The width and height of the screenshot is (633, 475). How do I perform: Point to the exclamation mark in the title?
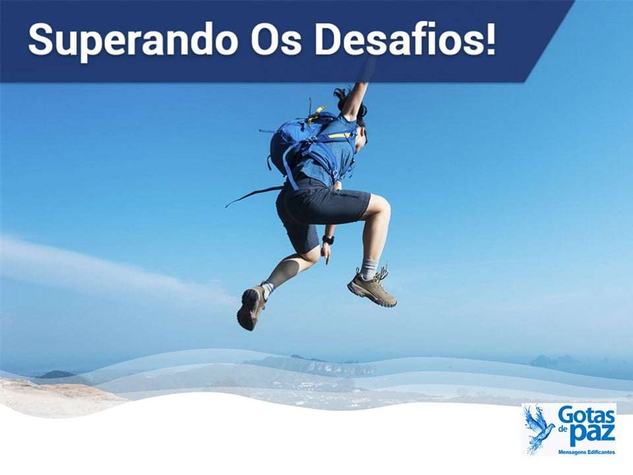click(489, 40)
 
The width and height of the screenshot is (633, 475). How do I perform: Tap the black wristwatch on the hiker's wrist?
click(328, 240)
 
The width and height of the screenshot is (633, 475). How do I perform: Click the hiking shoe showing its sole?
click(251, 307)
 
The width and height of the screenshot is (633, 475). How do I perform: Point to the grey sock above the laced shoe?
click(369, 267)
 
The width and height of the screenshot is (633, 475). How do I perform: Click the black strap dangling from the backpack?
click(254, 194)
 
